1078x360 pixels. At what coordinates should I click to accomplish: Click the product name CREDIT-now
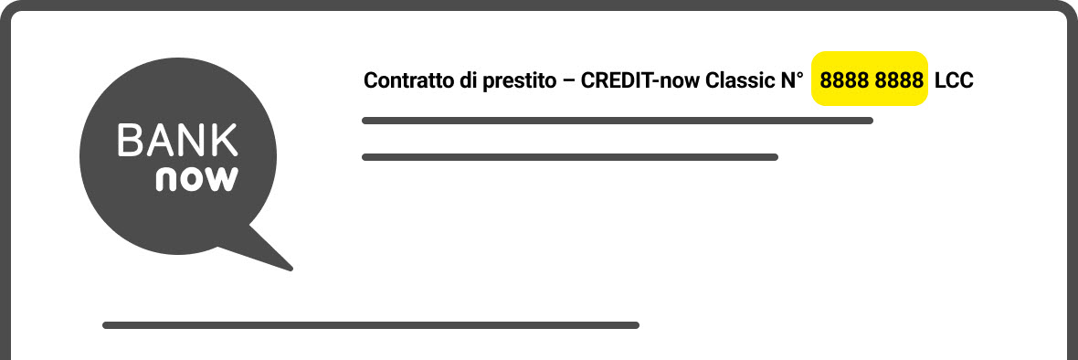[640, 80]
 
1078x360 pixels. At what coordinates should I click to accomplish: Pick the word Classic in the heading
[740, 80]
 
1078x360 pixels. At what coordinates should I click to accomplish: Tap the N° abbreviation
[790, 80]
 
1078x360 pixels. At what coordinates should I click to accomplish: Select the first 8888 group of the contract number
[844, 80]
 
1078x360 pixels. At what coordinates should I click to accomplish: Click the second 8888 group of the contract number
[899, 80]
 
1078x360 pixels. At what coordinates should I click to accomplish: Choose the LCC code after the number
[954, 80]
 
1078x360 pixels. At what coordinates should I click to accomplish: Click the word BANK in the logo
[177, 142]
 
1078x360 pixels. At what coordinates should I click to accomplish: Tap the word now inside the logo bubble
[196, 177]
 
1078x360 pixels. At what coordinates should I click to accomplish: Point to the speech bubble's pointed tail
[273, 255]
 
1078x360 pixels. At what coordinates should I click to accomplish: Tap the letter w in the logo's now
[221, 178]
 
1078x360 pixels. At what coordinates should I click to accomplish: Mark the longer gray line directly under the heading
[618, 121]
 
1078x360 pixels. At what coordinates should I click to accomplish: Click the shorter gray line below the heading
[570, 157]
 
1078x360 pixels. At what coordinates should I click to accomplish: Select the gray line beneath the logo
[371, 325]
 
